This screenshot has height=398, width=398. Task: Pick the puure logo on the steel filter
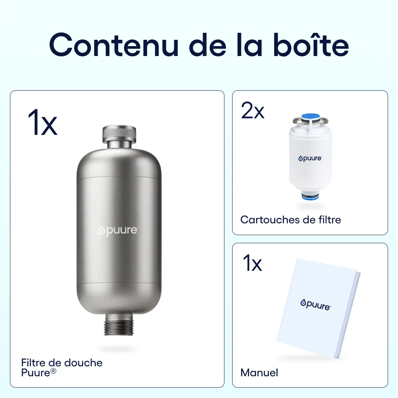pos(118,231)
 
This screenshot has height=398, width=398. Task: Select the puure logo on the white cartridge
pos(310,158)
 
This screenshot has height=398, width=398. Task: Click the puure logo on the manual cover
pos(315,304)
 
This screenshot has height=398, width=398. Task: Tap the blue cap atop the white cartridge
pos(310,117)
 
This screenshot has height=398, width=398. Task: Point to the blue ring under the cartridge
pos(310,197)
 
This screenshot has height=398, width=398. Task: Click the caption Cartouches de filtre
pos(290,220)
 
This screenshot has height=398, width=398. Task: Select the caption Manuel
pos(259,373)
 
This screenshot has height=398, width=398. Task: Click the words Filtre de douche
pos(62,363)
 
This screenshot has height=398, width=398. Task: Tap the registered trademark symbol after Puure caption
pos(54,371)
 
